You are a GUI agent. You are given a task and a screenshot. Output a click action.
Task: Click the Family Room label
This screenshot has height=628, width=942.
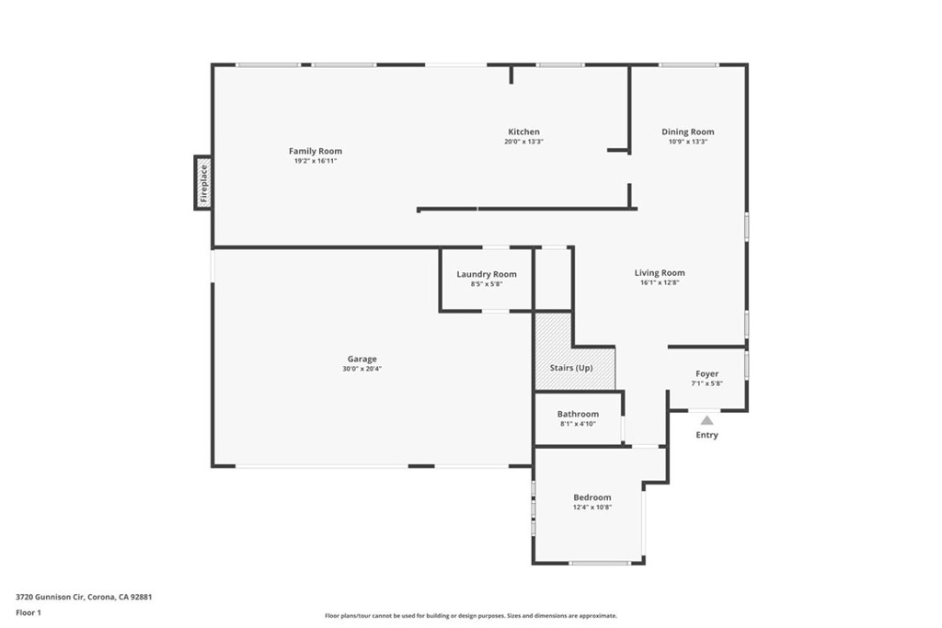tap(315, 151)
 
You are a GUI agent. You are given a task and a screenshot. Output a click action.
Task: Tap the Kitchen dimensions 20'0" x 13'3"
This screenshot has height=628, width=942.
tap(523, 142)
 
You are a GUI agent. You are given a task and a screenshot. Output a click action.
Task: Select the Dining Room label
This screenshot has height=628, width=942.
tap(687, 131)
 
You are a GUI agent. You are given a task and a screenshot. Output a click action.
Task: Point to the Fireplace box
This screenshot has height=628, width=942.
tap(203, 183)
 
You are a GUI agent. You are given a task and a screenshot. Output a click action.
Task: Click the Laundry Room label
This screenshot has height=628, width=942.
tap(487, 274)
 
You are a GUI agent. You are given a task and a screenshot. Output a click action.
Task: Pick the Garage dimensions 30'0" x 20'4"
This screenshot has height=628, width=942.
tap(362, 369)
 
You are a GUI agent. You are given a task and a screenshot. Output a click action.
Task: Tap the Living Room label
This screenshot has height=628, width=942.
tap(660, 272)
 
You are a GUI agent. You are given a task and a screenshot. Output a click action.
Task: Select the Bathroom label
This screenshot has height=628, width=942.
tap(578, 414)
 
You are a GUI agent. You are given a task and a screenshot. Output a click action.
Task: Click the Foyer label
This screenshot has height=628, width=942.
tap(706, 373)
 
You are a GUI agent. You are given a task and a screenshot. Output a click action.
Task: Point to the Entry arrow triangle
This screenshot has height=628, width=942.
tap(706, 420)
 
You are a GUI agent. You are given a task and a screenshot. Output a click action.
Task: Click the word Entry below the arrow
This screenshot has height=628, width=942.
tap(706, 435)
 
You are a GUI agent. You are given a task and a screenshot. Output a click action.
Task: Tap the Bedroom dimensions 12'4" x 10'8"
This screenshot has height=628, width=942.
tap(592, 507)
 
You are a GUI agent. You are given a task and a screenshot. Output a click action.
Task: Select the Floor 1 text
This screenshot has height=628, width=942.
tap(29, 611)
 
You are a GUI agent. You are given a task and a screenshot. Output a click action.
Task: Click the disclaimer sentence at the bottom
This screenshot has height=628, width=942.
tap(470, 616)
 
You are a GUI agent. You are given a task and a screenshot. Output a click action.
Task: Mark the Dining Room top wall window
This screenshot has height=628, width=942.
tap(688, 64)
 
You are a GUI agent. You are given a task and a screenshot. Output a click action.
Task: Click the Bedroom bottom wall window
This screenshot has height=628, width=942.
tap(600, 563)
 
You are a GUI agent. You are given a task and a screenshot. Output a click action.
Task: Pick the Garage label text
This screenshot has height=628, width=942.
tap(362, 359)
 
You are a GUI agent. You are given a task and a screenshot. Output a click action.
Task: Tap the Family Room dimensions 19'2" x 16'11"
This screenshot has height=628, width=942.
tap(315, 161)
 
